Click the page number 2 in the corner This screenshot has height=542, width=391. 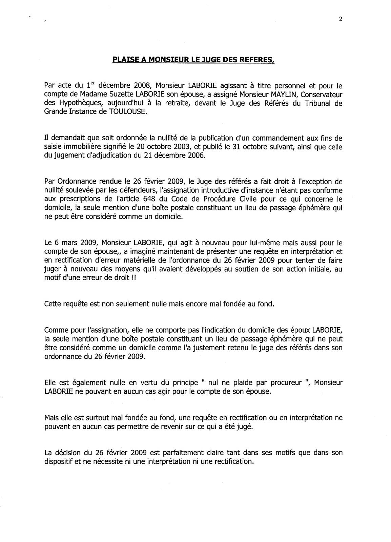pos(340,19)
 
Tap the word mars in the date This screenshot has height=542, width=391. pos(66,243)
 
